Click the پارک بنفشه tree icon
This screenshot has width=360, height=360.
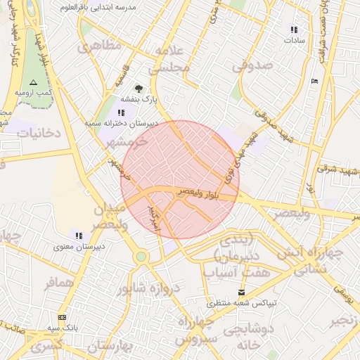tap(139, 89)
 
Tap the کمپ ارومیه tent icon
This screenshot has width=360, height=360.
tap(33, 82)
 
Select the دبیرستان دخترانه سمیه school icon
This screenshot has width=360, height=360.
tap(122, 111)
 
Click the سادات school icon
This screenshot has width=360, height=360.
tap(293, 30)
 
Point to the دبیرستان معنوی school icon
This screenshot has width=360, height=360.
tap(78, 236)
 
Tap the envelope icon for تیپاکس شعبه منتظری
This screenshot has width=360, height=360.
tap(242, 292)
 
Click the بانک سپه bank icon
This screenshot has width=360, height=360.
tap(62, 317)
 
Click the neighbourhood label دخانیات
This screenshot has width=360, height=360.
tap(39, 132)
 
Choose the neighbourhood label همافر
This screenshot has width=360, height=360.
tap(58, 283)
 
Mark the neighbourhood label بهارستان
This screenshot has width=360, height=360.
tap(110, 347)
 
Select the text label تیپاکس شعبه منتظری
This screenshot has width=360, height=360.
tap(242, 303)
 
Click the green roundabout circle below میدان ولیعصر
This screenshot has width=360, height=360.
tap(141, 257)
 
